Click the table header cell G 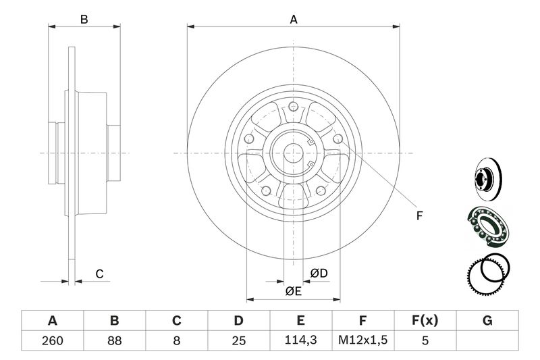point(487,321)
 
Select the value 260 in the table point(52,341)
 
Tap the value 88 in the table point(114,341)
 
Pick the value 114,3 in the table point(300,341)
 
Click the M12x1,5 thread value point(362,341)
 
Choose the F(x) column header point(425,321)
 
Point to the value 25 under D point(238,341)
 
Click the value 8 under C point(176,341)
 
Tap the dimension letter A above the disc point(294,20)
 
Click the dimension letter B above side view point(84,20)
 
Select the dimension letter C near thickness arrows point(99,274)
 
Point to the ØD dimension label point(319,273)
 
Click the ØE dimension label point(292,291)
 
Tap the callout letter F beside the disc point(418,216)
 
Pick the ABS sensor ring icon point(486,276)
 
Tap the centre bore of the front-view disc point(294,153)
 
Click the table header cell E point(300,321)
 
